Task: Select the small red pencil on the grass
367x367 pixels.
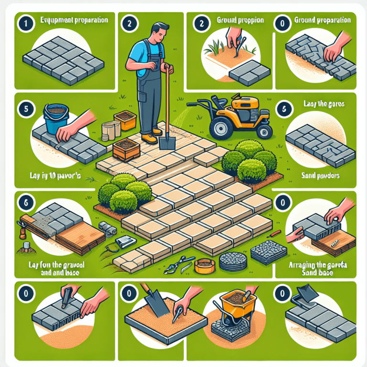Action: tap(276, 233)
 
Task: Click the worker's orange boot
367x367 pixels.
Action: tap(150, 138)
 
